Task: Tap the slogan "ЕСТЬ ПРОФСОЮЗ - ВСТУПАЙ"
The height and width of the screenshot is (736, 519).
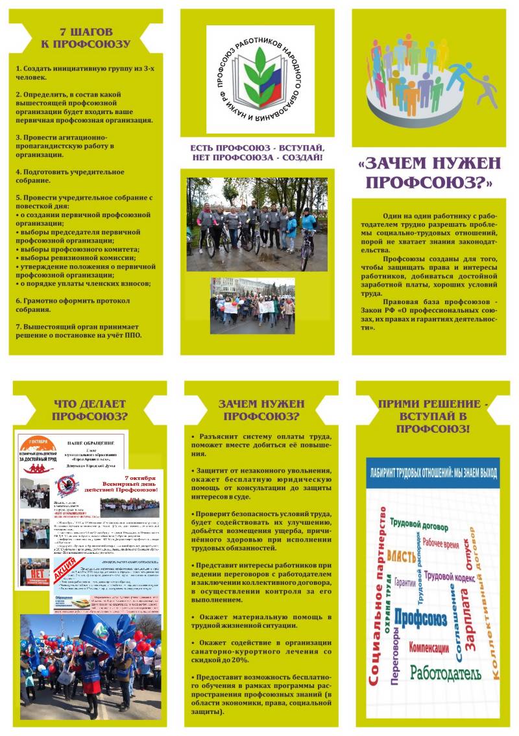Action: tap(258, 148)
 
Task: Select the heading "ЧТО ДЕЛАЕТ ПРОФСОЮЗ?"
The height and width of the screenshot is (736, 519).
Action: tap(90, 410)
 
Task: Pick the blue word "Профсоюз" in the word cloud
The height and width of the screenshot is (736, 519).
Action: tap(420, 619)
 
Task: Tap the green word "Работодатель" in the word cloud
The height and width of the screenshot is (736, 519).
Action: tap(445, 672)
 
